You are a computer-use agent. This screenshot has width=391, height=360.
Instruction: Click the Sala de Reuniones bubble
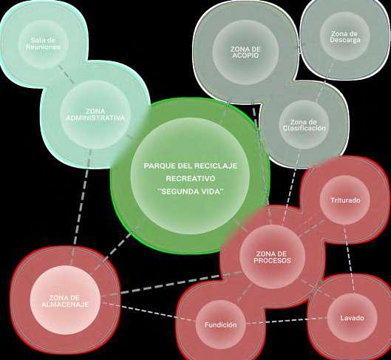[x=44, y=44]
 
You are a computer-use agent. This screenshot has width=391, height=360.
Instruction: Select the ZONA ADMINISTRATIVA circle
[x=96, y=115]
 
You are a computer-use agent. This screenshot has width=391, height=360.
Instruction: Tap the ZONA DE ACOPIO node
[x=245, y=52]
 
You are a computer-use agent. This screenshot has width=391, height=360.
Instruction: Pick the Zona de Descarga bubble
[x=345, y=37]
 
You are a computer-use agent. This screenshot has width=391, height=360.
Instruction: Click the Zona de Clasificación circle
[x=305, y=125]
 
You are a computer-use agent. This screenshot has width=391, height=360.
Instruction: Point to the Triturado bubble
[x=345, y=200]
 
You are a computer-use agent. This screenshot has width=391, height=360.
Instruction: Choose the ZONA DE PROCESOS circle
[x=272, y=257]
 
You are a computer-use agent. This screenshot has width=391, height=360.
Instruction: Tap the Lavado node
[x=352, y=318]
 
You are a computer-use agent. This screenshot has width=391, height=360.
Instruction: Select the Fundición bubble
[x=221, y=325]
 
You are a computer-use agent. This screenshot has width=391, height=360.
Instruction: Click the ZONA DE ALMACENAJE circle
[x=65, y=300]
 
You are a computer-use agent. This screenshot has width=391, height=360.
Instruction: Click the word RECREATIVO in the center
[x=190, y=179]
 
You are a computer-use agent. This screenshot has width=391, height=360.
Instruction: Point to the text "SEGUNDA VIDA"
[x=191, y=191]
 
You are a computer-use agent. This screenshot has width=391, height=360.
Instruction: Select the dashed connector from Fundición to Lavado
[x=286, y=321]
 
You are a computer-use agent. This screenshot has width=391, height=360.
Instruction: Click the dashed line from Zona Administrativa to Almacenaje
[x=81, y=207]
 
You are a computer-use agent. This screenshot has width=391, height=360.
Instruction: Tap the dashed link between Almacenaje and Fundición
[x=148, y=312]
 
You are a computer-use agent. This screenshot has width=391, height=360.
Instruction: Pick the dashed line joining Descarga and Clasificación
[x=324, y=82]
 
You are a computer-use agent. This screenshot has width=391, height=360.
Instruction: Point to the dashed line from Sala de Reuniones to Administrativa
[x=66, y=74]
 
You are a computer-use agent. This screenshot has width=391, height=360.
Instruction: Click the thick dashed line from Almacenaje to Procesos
[x=171, y=284]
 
